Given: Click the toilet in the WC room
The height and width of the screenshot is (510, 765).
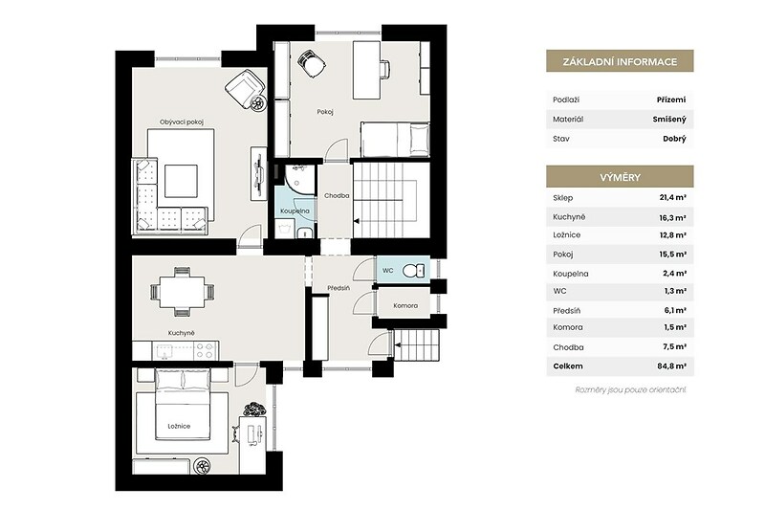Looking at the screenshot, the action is (x=414, y=271).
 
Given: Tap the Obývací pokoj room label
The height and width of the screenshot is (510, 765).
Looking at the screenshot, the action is (x=182, y=122).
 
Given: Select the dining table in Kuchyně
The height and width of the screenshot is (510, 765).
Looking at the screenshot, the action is (x=182, y=292).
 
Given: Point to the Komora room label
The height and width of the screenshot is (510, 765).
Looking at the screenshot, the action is (x=405, y=305).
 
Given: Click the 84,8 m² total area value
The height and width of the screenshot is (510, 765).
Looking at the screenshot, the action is (x=672, y=366).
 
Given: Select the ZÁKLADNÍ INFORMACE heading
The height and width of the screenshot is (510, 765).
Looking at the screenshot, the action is (x=620, y=61).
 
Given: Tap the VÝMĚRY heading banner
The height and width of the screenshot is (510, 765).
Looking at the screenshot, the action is (x=620, y=177).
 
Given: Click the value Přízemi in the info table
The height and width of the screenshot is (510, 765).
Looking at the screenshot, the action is (x=671, y=100).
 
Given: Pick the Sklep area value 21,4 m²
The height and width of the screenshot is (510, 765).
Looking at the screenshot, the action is (x=673, y=198).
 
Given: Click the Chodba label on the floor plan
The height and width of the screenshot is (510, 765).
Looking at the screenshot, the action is (x=337, y=196).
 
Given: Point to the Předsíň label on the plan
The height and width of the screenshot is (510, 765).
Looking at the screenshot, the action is (x=339, y=288).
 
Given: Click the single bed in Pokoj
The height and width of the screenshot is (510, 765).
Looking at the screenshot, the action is (x=395, y=139).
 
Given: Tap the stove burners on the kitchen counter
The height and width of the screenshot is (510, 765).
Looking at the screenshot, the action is (x=206, y=350).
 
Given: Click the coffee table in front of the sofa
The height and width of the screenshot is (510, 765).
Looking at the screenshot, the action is (x=181, y=181).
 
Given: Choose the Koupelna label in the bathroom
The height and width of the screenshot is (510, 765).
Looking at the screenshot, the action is (x=295, y=211).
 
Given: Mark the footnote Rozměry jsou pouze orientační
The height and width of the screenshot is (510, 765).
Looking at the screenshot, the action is (x=631, y=390).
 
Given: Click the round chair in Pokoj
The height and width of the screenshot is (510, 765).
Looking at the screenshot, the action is (x=312, y=63).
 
